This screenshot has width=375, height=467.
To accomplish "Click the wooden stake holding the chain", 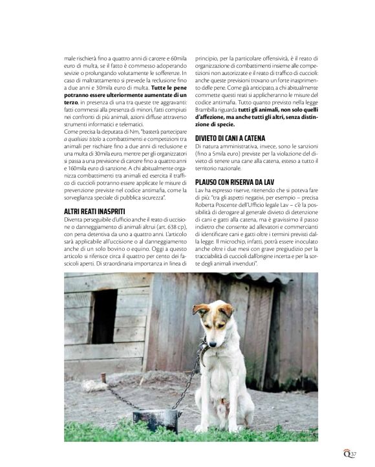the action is (x=103, y=378).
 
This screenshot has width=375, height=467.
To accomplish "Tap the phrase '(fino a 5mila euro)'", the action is (x=216, y=156).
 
